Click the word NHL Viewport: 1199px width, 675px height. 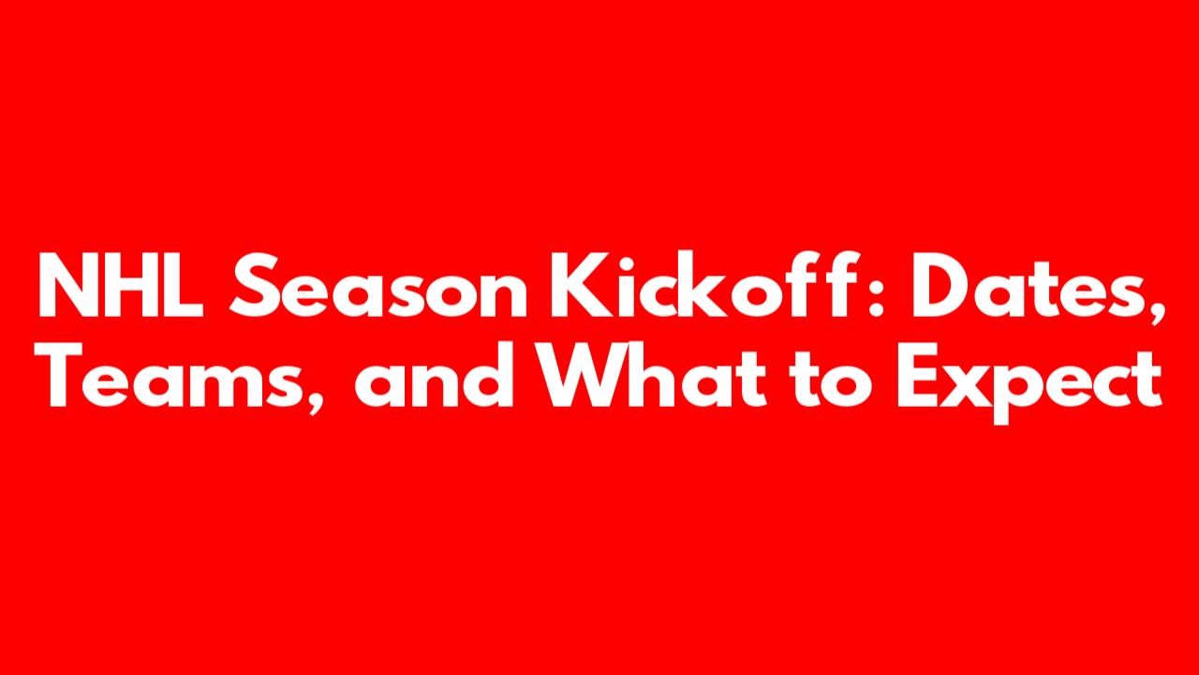pos(121,285)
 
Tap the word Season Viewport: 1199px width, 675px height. pos(378,285)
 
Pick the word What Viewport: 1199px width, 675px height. pos(652,375)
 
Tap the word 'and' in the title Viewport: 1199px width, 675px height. pos(435,375)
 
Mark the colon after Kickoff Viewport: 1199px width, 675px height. pos(876,295)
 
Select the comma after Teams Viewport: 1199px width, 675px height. pos(316,402)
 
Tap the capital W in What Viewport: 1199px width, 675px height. pos(584,376)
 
